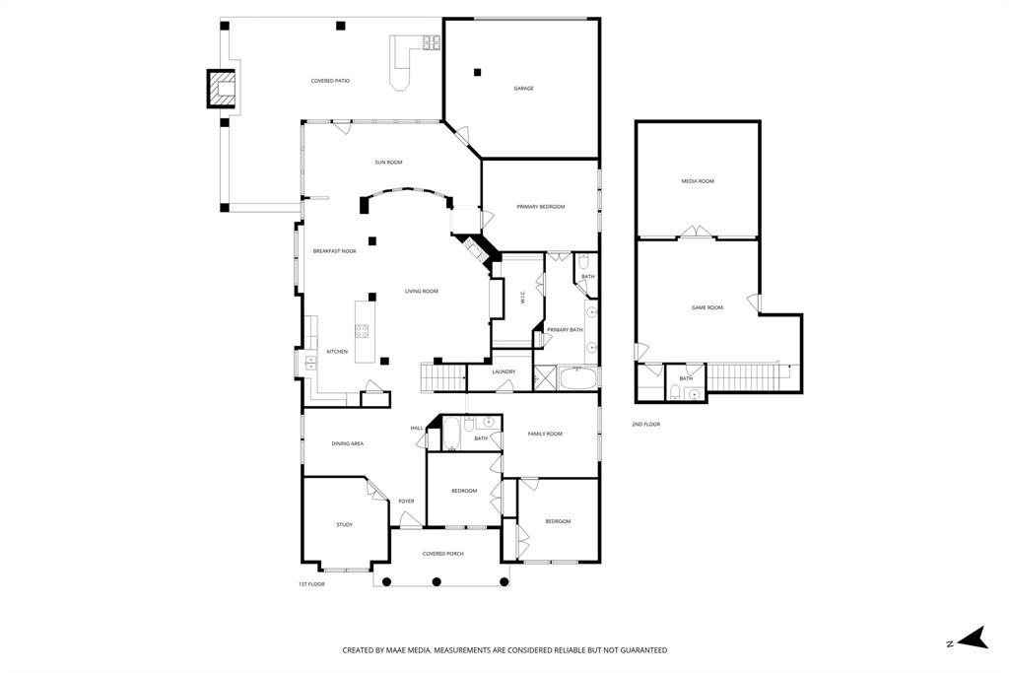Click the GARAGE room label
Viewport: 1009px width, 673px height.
[x=523, y=89]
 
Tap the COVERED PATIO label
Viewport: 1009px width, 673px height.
[x=330, y=81]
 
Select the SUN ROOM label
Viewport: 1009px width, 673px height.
[x=388, y=162]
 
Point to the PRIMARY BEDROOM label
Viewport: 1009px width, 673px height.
[x=541, y=207]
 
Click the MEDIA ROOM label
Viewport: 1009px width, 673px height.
[x=698, y=181]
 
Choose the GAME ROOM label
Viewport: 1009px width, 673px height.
[x=706, y=307]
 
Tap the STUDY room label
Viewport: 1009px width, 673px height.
[x=344, y=525]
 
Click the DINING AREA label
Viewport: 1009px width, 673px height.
[x=346, y=443]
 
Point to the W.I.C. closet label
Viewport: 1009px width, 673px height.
[x=522, y=296]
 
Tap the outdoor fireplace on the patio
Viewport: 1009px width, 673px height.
[x=223, y=89]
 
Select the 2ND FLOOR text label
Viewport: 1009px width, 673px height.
[x=645, y=424]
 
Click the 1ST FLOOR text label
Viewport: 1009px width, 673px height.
[x=311, y=584]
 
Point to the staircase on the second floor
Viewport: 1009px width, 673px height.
[x=744, y=376]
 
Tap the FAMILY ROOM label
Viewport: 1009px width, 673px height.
[x=545, y=434]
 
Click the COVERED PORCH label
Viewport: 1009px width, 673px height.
[x=442, y=554]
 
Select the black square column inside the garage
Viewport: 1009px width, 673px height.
[x=477, y=71]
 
